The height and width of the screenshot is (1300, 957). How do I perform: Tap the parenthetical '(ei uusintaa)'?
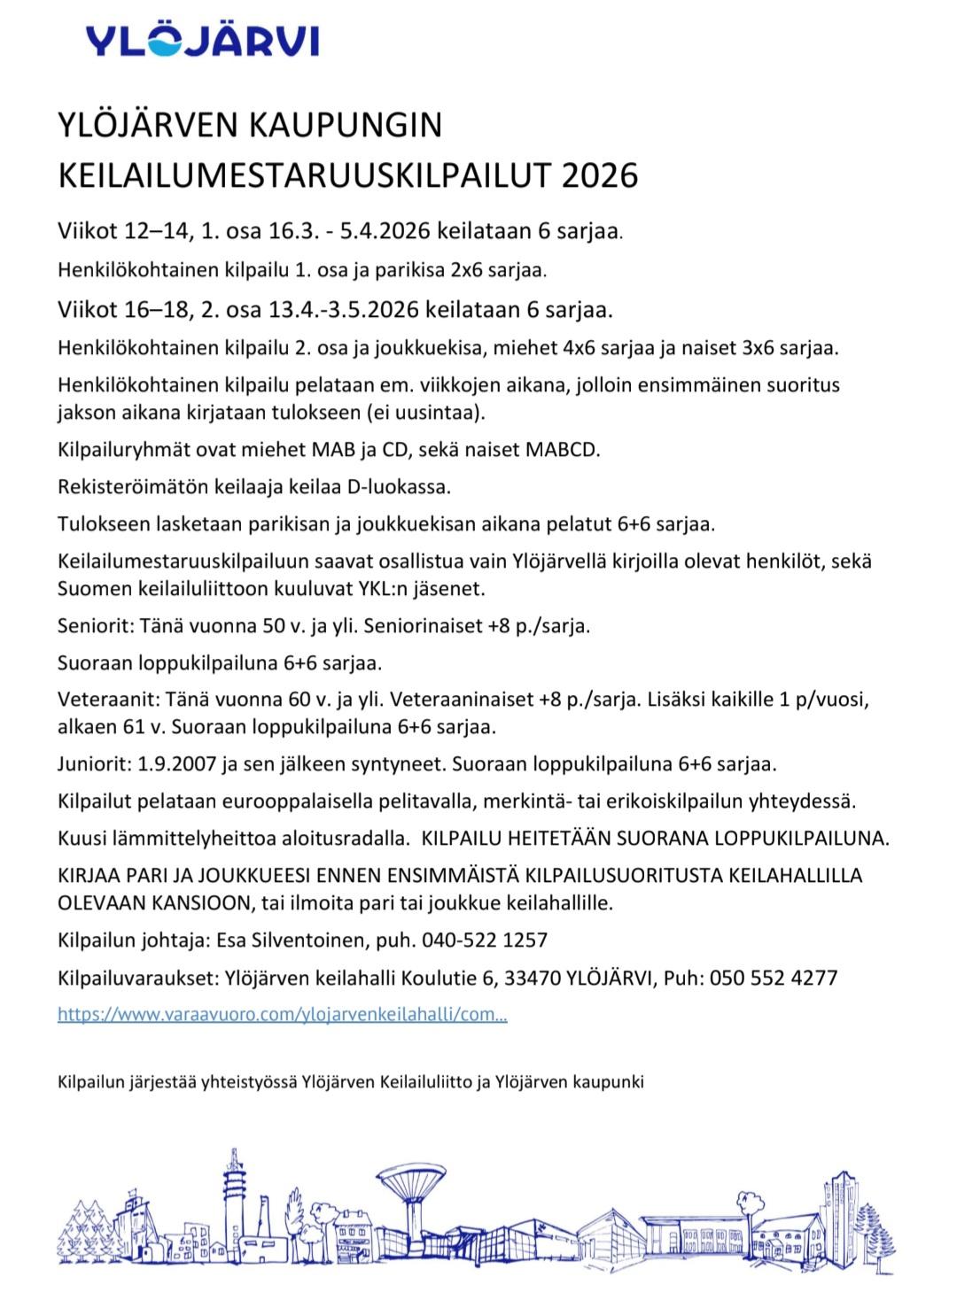tap(437, 413)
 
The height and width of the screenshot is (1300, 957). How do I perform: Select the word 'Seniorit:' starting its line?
tap(93, 625)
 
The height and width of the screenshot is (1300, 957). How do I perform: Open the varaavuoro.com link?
tap(283, 1015)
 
